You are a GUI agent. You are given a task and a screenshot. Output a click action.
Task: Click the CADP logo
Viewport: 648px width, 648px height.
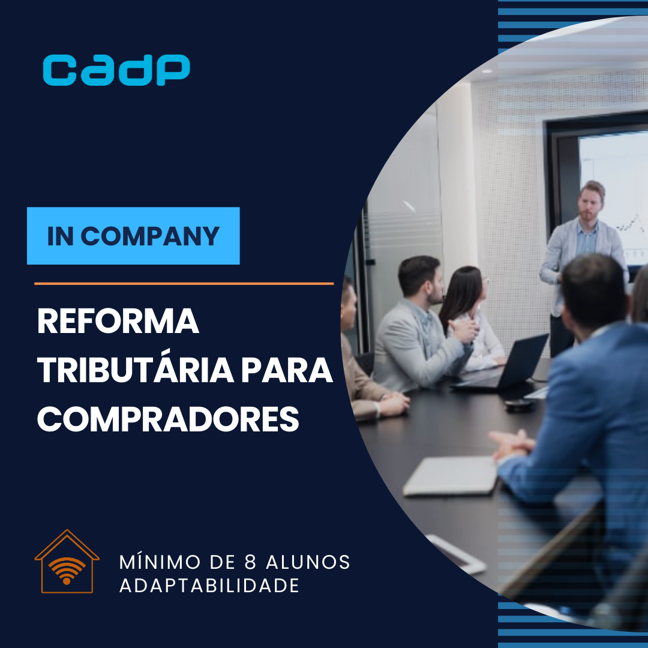click(x=116, y=70)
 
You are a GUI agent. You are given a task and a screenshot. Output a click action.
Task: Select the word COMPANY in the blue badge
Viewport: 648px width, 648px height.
click(x=150, y=236)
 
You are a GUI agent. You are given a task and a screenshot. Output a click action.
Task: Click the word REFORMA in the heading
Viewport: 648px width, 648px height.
click(x=118, y=322)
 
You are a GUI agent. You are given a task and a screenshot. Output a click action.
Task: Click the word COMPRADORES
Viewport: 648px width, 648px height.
click(x=168, y=419)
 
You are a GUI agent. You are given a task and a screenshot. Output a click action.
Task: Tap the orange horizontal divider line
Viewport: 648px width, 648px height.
click(x=184, y=283)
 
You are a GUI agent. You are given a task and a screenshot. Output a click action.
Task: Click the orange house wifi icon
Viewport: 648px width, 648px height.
click(x=67, y=562)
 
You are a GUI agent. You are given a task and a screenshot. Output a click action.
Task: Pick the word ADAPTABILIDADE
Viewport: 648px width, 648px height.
click(x=209, y=586)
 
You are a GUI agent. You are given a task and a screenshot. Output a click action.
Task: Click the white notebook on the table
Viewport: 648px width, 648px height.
click(x=450, y=475)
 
